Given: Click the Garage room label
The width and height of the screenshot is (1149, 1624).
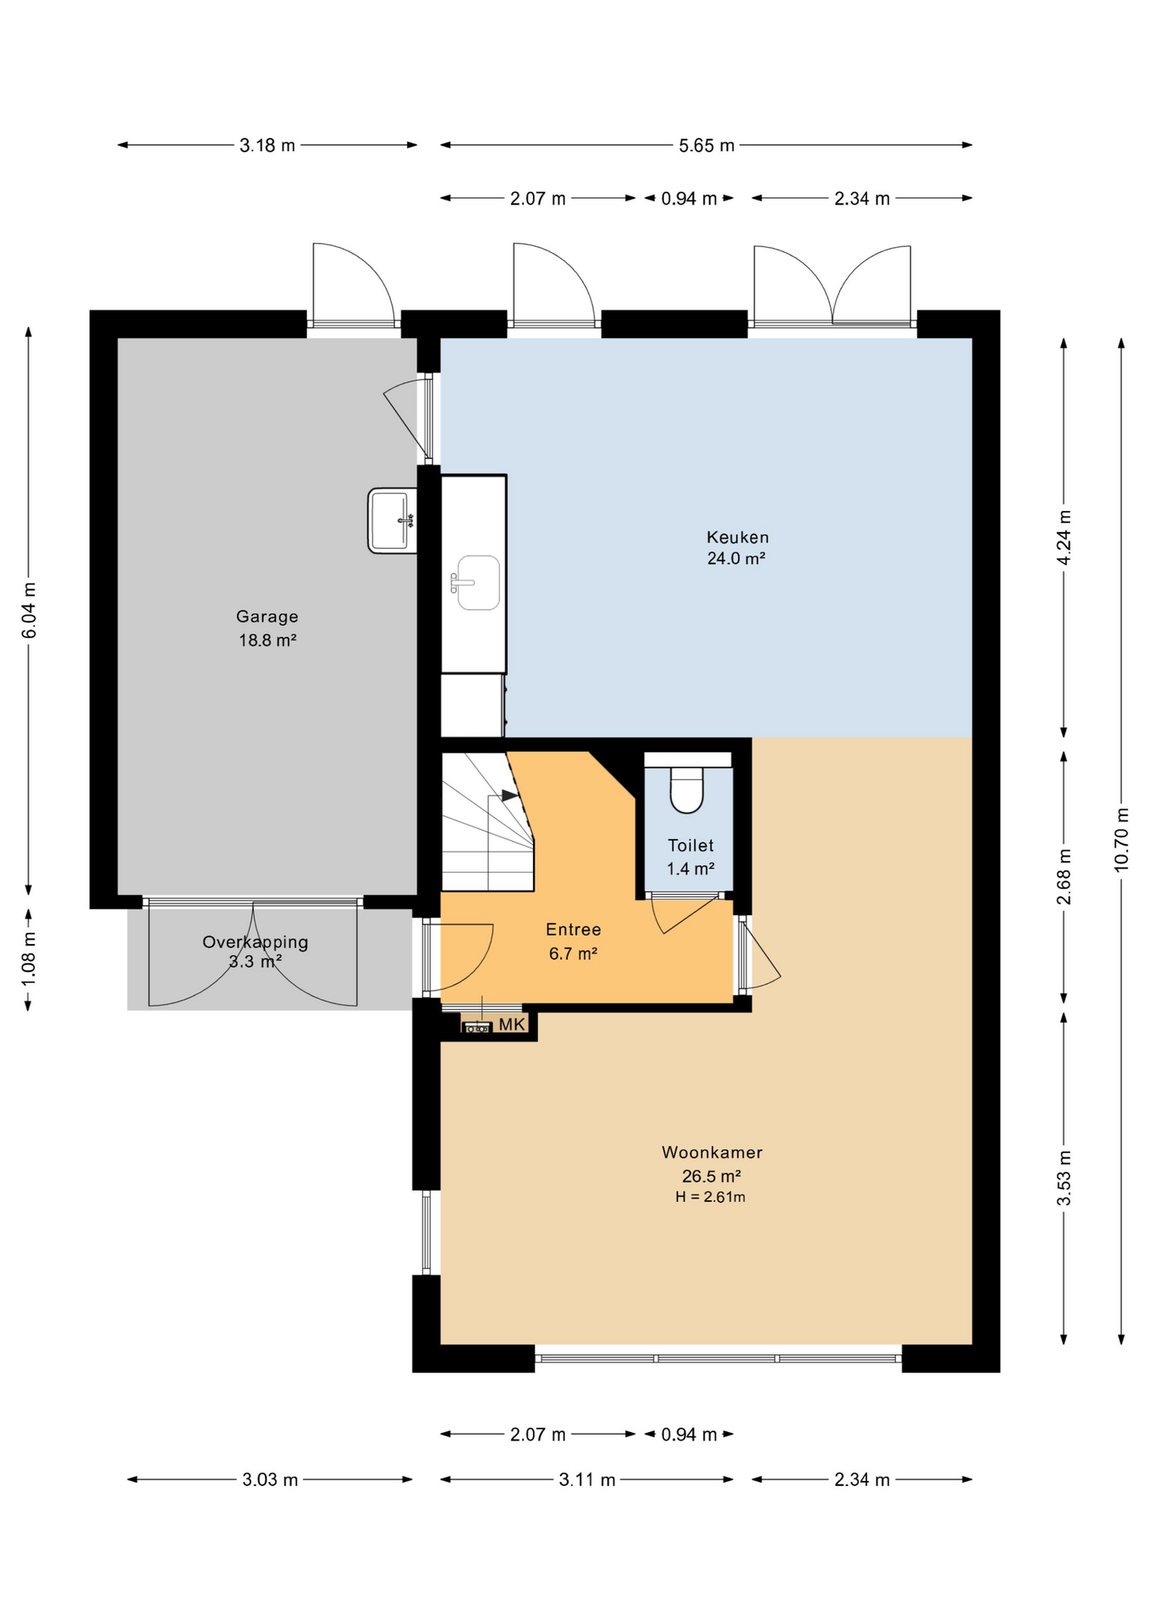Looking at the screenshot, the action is pyautogui.click(x=267, y=617).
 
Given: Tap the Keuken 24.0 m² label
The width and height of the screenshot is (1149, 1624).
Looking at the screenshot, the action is pyautogui.click(x=737, y=547).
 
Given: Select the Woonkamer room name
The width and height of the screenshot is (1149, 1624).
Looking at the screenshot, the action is pyautogui.click(x=712, y=1152).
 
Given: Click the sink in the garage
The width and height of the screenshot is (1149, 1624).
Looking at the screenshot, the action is pyautogui.click(x=392, y=520).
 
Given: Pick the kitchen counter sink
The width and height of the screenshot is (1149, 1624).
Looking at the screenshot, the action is pyautogui.click(x=477, y=582).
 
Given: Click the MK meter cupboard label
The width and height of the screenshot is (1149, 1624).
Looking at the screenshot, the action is pyautogui.click(x=512, y=1025).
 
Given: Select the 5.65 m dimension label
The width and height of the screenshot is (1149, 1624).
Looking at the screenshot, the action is pyautogui.click(x=706, y=145).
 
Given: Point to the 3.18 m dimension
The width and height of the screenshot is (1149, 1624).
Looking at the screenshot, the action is pyautogui.click(x=267, y=145).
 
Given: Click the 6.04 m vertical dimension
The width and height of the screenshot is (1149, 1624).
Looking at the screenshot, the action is pyautogui.click(x=29, y=611).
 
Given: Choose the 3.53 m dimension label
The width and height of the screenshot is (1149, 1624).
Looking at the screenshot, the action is pyautogui.click(x=1064, y=1178).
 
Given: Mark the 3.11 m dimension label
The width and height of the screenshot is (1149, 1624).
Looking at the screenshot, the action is pyautogui.click(x=587, y=1480).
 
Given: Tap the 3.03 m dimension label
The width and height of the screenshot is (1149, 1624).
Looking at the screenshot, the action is pyautogui.click(x=270, y=1480).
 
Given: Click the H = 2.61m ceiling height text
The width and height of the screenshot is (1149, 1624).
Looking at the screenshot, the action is pyautogui.click(x=710, y=1197).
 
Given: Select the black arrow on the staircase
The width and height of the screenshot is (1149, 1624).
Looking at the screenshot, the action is pyautogui.click(x=509, y=795).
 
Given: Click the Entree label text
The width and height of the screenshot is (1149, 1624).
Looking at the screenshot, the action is pyautogui.click(x=573, y=930).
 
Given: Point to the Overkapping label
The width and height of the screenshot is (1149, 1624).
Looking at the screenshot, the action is pyautogui.click(x=255, y=942).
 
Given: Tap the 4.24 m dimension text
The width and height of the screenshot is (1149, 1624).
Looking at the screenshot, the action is pyautogui.click(x=1064, y=538).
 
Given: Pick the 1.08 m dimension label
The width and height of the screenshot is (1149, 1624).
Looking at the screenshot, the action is pyautogui.click(x=29, y=958).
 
